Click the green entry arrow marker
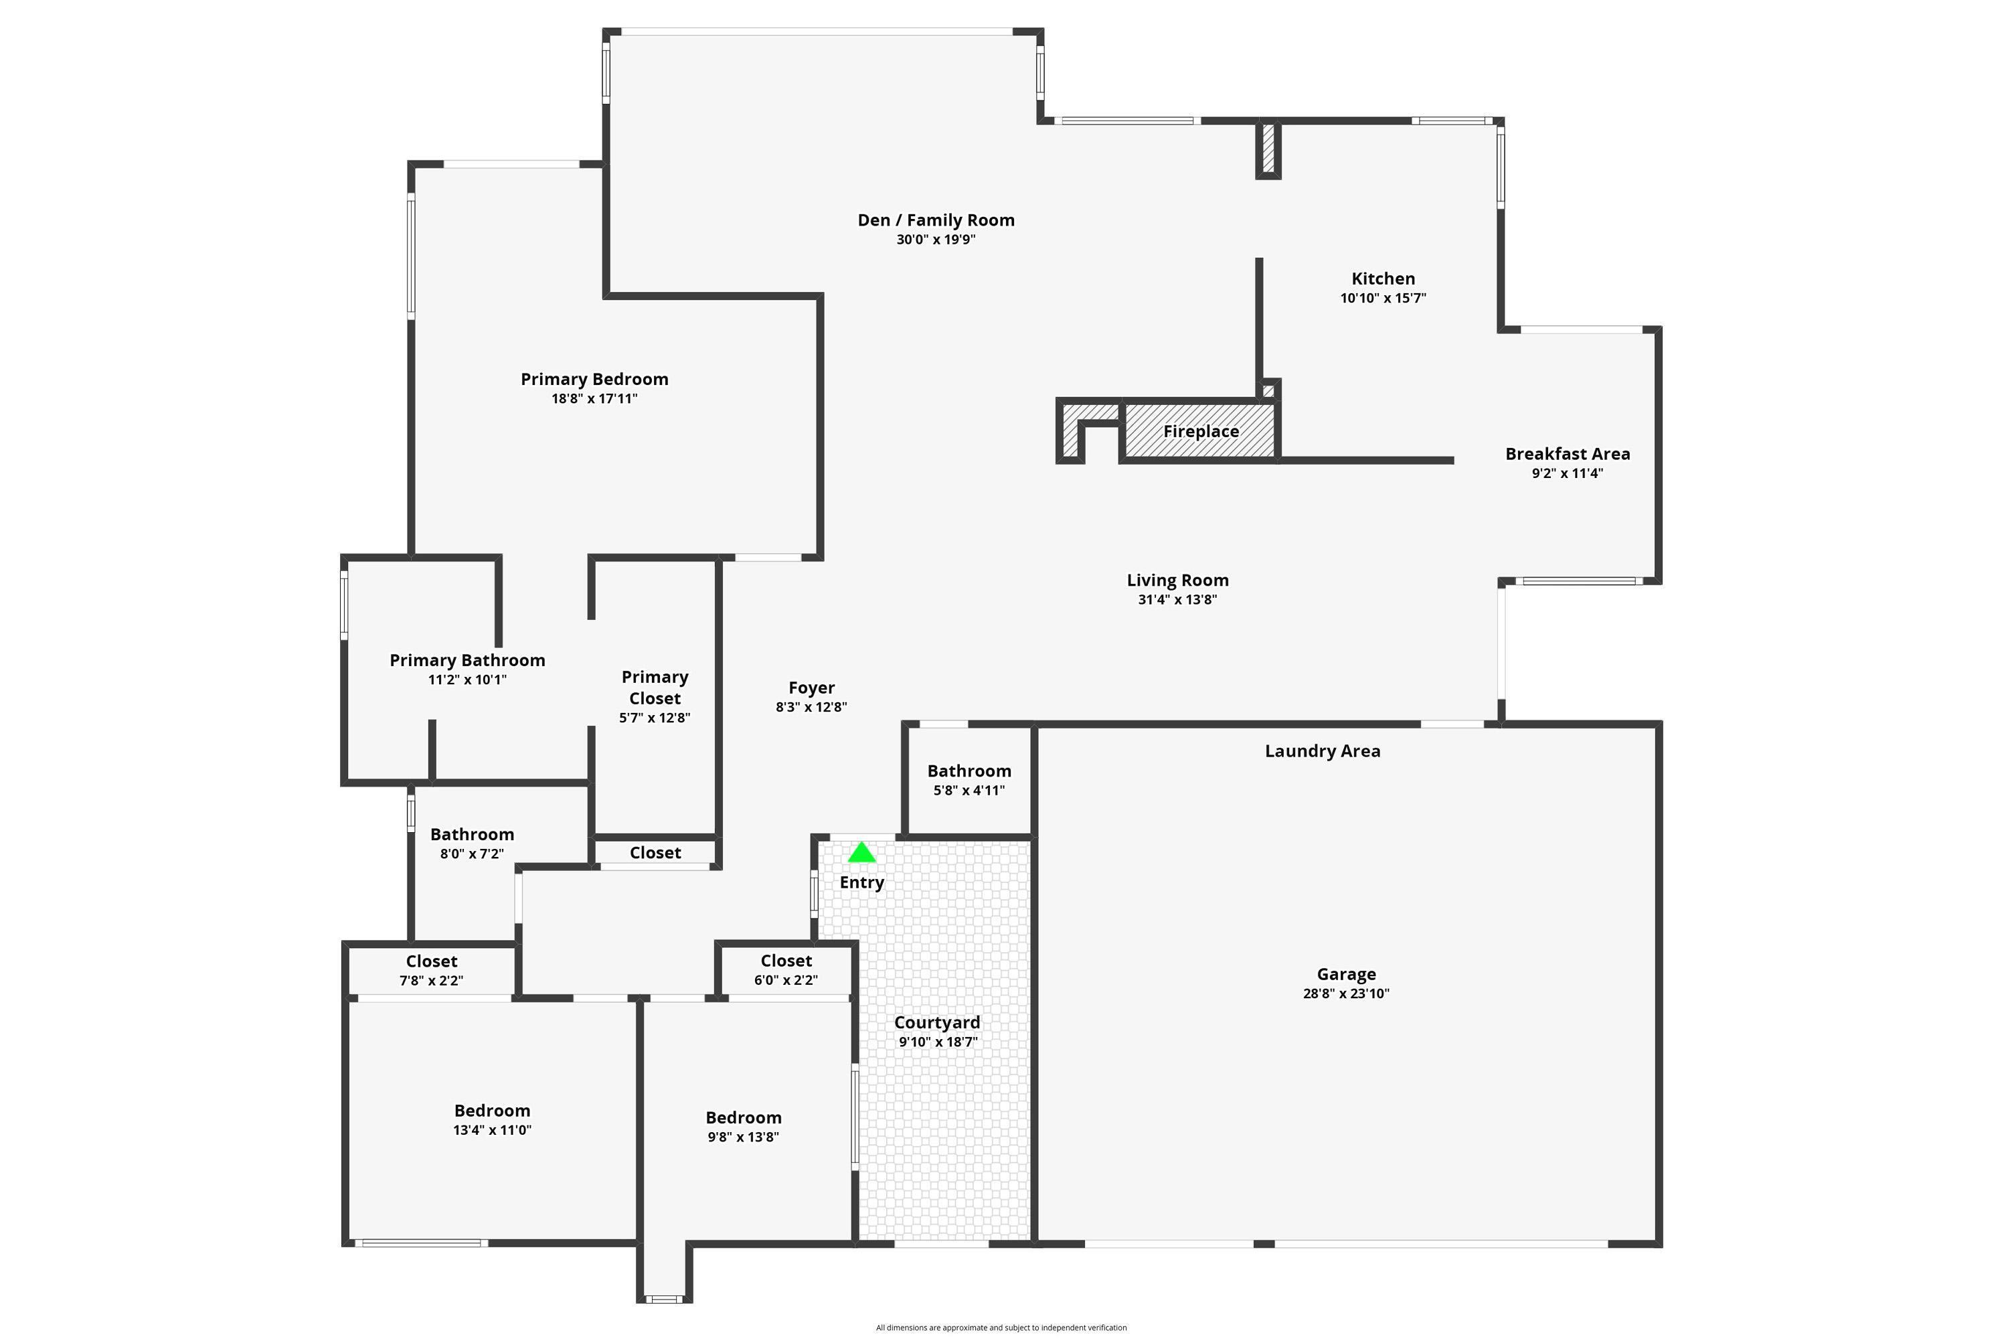tap(861, 852)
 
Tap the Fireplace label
tap(1201, 431)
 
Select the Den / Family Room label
tap(936, 220)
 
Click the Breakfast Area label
tap(1568, 455)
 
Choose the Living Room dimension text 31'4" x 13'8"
tap(1177, 599)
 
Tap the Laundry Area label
tap(1323, 751)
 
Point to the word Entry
tap(861, 883)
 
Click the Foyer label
tap(811, 688)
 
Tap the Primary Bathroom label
tap(467, 660)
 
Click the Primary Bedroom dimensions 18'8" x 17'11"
tap(594, 399)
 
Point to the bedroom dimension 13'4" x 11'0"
tap(492, 1131)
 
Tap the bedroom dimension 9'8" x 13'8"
tap(743, 1137)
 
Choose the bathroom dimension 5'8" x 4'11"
tap(969, 791)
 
